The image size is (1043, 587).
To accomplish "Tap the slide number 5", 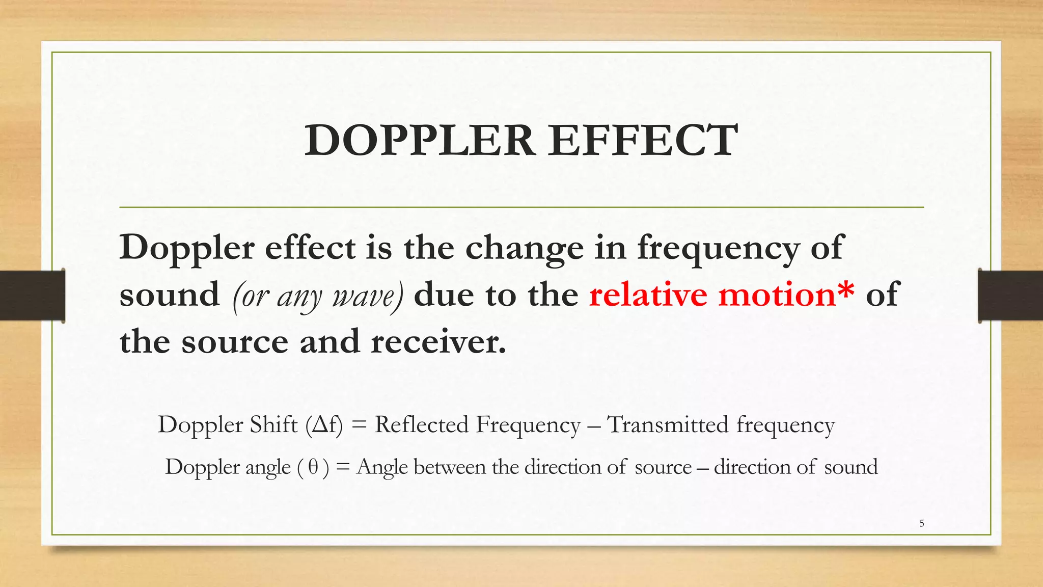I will click(922, 523).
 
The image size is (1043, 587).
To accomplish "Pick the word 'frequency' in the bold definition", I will click(719, 249).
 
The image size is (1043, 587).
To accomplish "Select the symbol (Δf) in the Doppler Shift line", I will click(324, 425).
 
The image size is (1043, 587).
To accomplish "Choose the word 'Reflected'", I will click(421, 425).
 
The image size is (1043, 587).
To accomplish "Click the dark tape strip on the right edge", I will click(1010, 296).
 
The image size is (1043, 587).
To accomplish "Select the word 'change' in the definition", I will click(524, 249).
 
